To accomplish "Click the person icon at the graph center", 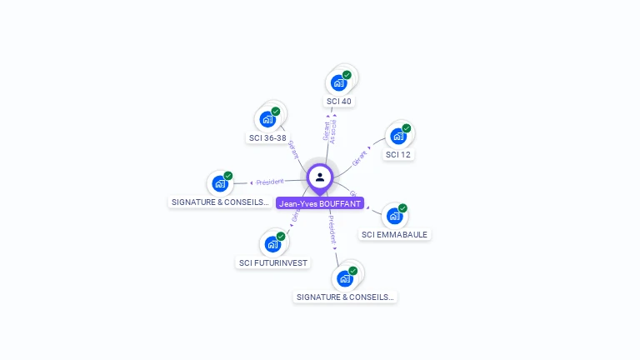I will [320, 177].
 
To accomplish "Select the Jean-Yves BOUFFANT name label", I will [320, 203].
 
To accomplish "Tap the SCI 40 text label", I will [339, 102].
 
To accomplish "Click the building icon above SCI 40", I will [338, 82].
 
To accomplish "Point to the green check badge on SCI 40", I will [347, 75].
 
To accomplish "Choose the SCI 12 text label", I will [398, 155].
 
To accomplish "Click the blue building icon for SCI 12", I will [397, 136].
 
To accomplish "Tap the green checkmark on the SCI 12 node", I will [407, 128].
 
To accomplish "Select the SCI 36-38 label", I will [267, 138].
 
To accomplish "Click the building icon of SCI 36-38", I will [267, 119].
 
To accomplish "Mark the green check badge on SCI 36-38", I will [276, 112].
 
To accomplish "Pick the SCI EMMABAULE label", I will [394, 235].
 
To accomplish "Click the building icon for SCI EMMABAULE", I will [394, 216].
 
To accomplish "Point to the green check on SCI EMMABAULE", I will [402, 208].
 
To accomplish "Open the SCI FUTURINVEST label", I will [273, 263].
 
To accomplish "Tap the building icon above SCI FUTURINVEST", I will [272, 244].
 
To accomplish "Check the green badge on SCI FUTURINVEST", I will [281, 237].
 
